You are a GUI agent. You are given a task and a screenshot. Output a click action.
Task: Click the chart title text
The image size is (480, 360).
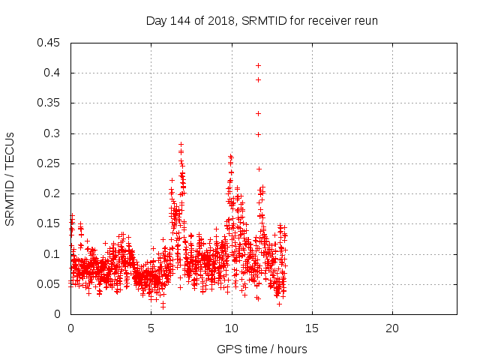[261, 21]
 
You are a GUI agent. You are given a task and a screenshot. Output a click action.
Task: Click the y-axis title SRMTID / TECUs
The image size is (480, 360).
[10, 178]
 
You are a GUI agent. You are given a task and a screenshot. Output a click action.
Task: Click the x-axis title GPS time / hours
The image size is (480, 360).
[262, 349]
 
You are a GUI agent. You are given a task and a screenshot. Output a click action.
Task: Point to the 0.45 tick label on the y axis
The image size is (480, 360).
[50, 43]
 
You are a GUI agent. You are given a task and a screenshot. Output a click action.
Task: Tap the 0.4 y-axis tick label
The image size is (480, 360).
[53, 73]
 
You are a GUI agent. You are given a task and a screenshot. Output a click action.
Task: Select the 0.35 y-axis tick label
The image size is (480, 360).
[50, 103]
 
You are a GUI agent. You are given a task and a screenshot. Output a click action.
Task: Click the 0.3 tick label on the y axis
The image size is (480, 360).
[53, 133]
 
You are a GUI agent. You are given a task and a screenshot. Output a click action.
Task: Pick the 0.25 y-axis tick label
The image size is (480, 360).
[50, 163]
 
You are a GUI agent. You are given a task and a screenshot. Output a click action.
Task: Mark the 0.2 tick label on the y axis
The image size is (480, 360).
[53, 193]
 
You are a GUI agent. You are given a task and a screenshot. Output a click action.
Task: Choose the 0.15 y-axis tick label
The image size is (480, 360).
[50, 223]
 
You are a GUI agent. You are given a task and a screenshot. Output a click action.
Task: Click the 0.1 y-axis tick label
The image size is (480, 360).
[53, 253]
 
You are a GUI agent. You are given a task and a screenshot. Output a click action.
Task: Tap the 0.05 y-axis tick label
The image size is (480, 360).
[50, 284]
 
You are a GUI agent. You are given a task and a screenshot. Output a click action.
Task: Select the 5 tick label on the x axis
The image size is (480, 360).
[151, 329]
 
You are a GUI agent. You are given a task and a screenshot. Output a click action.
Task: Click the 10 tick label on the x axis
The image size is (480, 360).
[232, 329]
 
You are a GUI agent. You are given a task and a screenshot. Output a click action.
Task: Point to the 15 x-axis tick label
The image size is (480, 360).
[312, 329]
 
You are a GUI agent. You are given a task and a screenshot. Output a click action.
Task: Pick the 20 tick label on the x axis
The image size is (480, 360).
[392, 329]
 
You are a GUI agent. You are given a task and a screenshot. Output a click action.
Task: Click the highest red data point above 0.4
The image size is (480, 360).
[258, 65]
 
